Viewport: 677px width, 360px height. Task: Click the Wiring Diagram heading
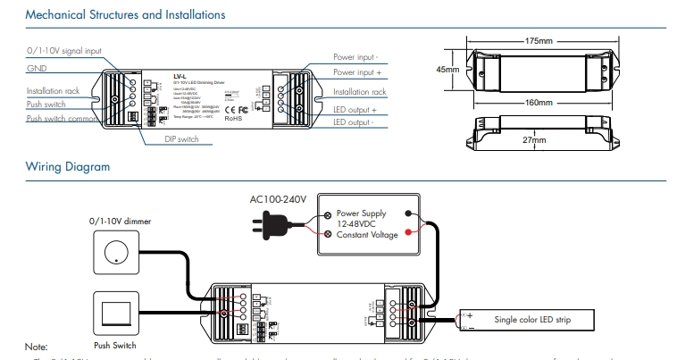68,167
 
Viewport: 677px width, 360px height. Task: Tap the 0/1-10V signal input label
63,51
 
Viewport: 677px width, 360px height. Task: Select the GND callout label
37,68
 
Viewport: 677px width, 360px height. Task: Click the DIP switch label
182,140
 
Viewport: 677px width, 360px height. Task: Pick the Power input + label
357,71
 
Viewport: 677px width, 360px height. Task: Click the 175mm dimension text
539,41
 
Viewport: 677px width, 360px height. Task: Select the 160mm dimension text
538,104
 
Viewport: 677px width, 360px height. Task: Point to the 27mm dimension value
534,141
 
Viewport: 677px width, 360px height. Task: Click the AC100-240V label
278,200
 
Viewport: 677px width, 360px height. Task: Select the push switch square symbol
114,311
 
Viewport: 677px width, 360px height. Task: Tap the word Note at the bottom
36,346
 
